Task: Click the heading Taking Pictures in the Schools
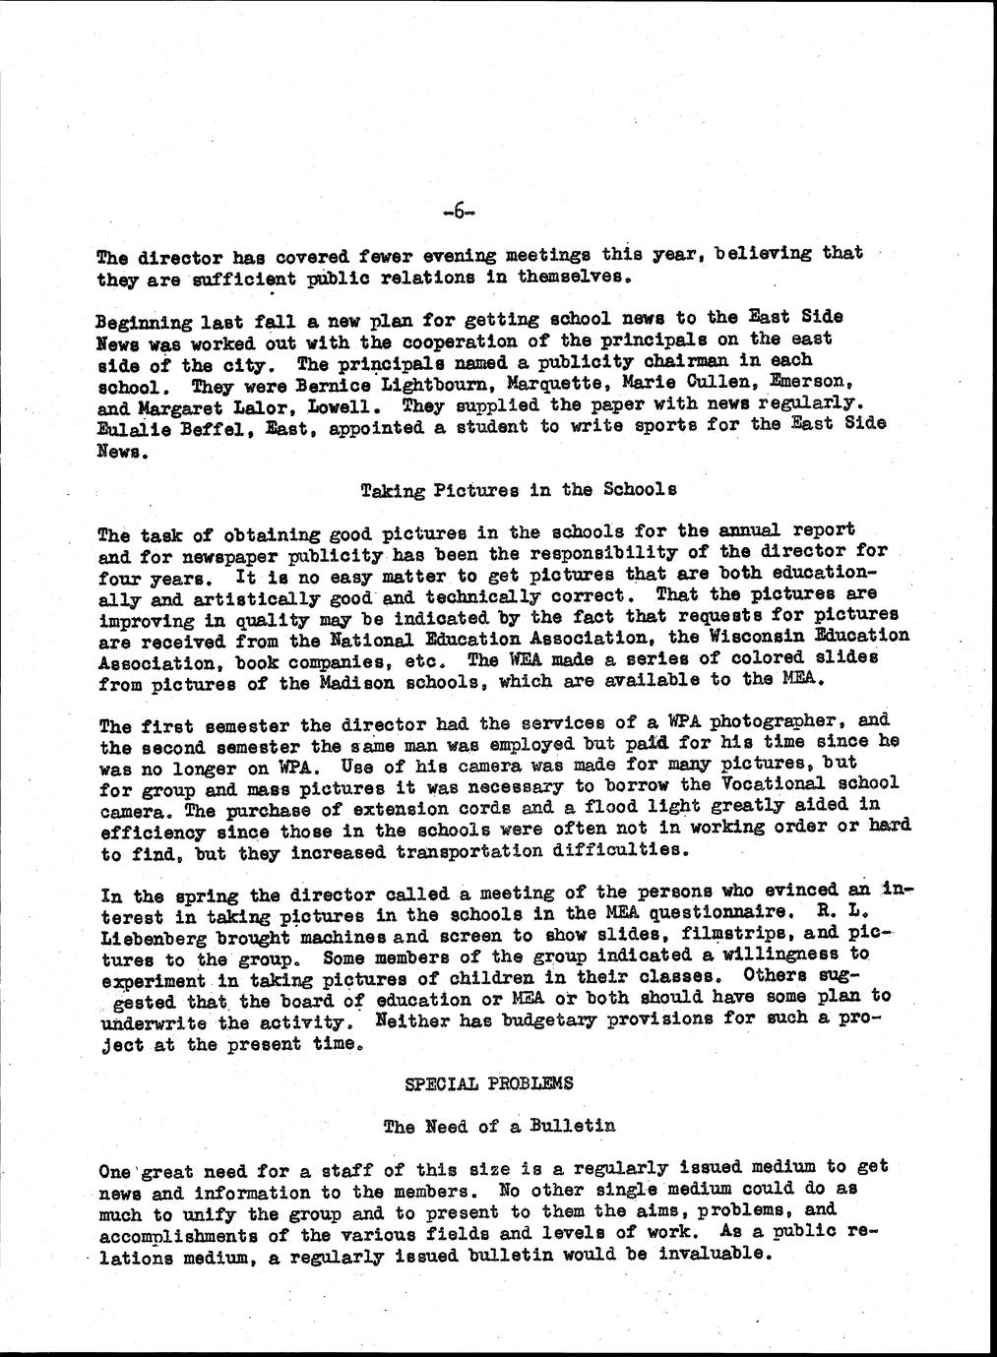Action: tap(519, 489)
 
